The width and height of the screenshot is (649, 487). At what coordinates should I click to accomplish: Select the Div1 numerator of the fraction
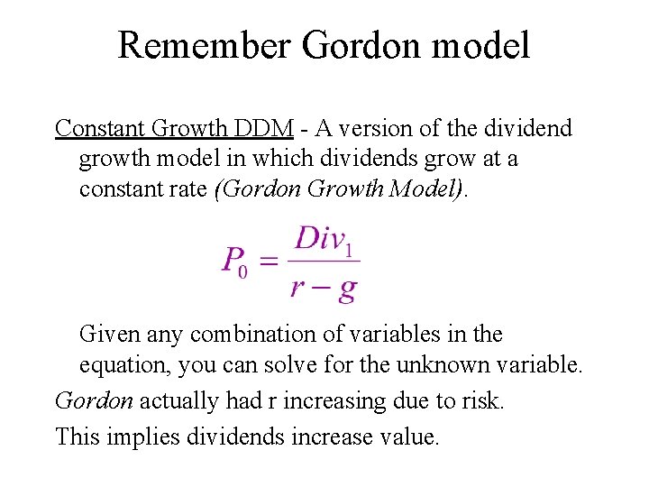(x=324, y=239)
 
